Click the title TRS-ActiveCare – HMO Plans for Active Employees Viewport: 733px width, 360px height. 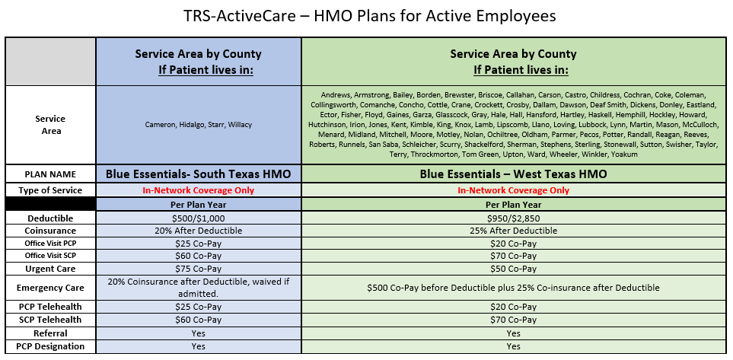click(x=370, y=16)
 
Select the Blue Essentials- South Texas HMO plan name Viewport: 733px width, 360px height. click(x=198, y=174)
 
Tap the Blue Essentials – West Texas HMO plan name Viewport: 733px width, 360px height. click(x=513, y=174)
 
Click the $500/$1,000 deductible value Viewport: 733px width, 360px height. click(x=198, y=218)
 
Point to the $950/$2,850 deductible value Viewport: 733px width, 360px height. click(x=513, y=218)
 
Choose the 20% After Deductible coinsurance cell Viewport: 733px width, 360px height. click(x=198, y=231)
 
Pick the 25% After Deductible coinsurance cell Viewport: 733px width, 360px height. click(x=513, y=231)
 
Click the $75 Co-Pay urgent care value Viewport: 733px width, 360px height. click(x=198, y=269)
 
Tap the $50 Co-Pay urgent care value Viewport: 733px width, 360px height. click(x=513, y=269)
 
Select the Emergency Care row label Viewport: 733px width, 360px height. click(x=50, y=288)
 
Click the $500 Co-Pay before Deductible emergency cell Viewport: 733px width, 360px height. click(x=513, y=288)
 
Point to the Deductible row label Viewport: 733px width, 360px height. click(x=50, y=218)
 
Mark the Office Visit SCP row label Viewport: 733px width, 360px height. click(x=50, y=256)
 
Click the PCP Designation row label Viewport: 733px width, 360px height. click(x=50, y=346)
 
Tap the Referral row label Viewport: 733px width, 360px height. click(x=50, y=333)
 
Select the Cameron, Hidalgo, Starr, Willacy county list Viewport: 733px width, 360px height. click(x=198, y=125)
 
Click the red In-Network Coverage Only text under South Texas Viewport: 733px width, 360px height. click(x=198, y=190)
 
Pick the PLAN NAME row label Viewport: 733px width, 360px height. click(x=50, y=175)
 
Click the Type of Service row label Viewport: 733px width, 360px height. click(x=50, y=190)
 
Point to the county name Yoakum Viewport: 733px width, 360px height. click(x=625, y=155)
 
